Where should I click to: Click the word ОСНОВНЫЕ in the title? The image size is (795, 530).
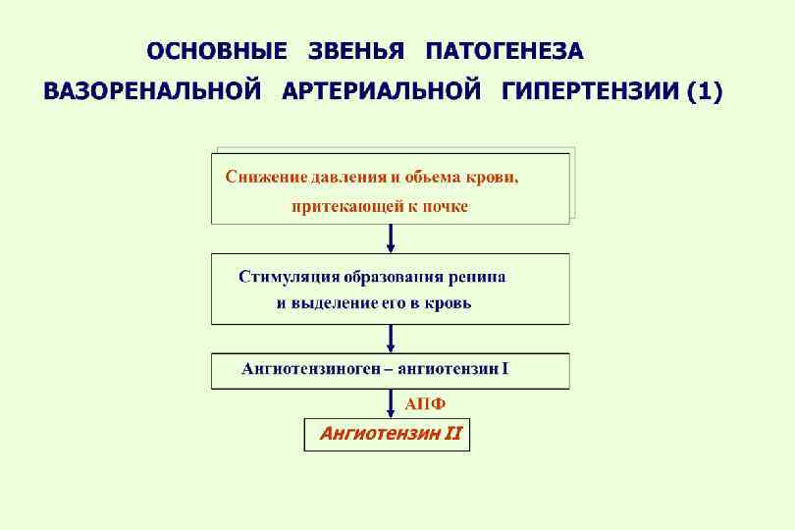(217, 50)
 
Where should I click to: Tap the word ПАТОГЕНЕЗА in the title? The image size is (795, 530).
(504, 50)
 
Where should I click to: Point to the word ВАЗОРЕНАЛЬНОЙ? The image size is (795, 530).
(152, 93)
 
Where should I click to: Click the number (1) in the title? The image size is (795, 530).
(705, 93)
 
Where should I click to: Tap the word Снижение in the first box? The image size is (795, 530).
(265, 178)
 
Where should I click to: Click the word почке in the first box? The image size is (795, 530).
(447, 206)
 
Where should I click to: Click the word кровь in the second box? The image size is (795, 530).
(448, 303)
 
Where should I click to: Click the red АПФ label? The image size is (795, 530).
(425, 403)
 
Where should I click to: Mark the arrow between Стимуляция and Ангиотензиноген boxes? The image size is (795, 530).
(392, 338)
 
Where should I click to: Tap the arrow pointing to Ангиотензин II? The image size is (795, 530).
(392, 402)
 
